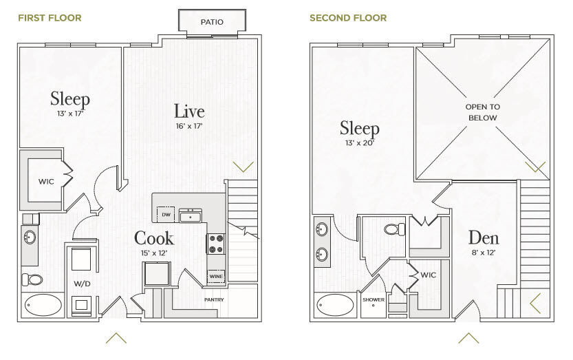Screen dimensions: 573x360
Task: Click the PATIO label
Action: (212, 22)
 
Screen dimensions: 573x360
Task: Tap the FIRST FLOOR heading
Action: (50, 18)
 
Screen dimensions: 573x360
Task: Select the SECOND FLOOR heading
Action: (348, 18)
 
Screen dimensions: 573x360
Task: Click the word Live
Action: (189, 112)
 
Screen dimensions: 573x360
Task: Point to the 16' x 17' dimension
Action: (189, 126)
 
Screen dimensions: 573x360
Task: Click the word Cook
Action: (154, 238)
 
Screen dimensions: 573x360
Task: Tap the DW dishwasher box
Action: (166, 214)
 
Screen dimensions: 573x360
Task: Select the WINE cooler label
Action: (215, 276)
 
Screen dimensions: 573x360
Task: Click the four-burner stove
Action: (215, 244)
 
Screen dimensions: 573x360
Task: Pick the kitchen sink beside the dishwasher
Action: (191, 216)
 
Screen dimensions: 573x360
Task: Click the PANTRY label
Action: (214, 299)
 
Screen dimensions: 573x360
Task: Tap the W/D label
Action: (82, 284)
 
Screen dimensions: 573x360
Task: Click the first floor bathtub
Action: (43, 305)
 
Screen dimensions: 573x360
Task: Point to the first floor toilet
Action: (32, 280)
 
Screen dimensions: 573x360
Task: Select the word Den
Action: (484, 237)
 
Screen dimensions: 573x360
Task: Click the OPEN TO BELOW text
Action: (483, 112)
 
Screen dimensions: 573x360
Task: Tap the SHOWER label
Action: (374, 299)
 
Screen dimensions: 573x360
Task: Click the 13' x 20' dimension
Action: (360, 143)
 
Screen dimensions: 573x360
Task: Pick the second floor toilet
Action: (395, 229)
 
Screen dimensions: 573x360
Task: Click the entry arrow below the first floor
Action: (116, 338)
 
